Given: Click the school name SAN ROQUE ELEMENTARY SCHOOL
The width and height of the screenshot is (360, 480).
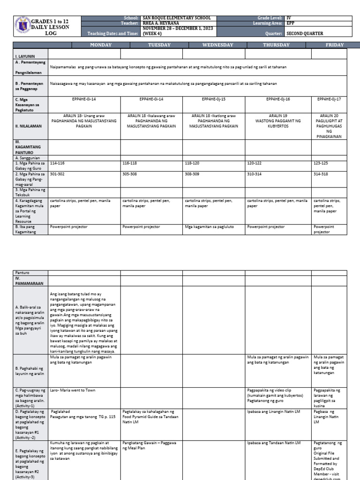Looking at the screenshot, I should (x=177, y=17).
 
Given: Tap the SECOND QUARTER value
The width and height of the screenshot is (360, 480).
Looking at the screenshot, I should (x=305, y=34).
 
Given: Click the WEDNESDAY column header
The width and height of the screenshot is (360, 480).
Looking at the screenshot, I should (x=214, y=45).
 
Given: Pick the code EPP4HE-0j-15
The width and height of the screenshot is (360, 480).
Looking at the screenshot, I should (x=214, y=99).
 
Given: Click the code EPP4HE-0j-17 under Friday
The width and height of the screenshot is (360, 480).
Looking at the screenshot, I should (x=329, y=99).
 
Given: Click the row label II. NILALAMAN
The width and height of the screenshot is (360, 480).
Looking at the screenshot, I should (x=28, y=126).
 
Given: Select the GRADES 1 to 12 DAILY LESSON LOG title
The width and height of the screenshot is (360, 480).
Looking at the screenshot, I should (x=51, y=27).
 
